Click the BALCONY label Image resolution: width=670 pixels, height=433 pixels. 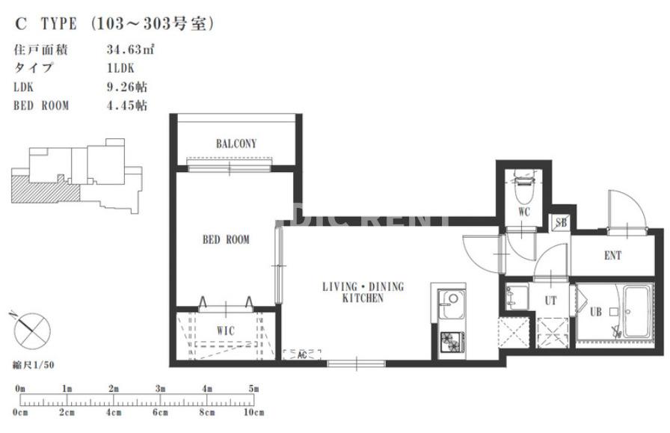(x=236, y=144)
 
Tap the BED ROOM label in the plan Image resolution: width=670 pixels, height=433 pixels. (x=226, y=239)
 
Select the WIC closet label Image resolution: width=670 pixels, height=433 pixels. (x=226, y=331)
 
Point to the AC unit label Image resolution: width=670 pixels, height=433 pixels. (x=302, y=354)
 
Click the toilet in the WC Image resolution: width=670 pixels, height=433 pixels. (x=524, y=187)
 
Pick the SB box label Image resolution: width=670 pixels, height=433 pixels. (x=561, y=223)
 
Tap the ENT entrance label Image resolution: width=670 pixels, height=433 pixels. (x=612, y=256)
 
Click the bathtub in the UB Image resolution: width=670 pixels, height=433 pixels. (x=637, y=312)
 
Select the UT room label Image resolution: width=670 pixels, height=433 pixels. (x=551, y=301)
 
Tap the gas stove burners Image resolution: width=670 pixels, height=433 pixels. (x=452, y=342)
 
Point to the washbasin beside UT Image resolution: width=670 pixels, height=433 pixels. (x=517, y=296)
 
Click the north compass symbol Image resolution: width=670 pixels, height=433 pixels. (x=31, y=331)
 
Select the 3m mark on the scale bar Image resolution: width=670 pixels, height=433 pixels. (x=160, y=389)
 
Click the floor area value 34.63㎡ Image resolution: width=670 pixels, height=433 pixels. (x=130, y=49)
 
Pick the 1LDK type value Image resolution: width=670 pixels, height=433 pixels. (x=120, y=68)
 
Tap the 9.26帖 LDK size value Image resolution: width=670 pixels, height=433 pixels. (x=127, y=87)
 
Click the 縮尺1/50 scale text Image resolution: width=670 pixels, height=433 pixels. (x=34, y=365)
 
